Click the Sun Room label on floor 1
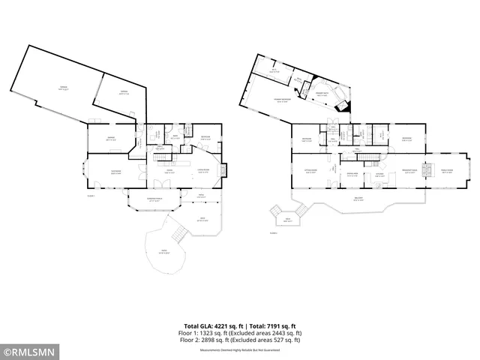pos(116,173)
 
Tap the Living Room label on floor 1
pos(202,173)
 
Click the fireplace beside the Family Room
pos(430,171)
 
